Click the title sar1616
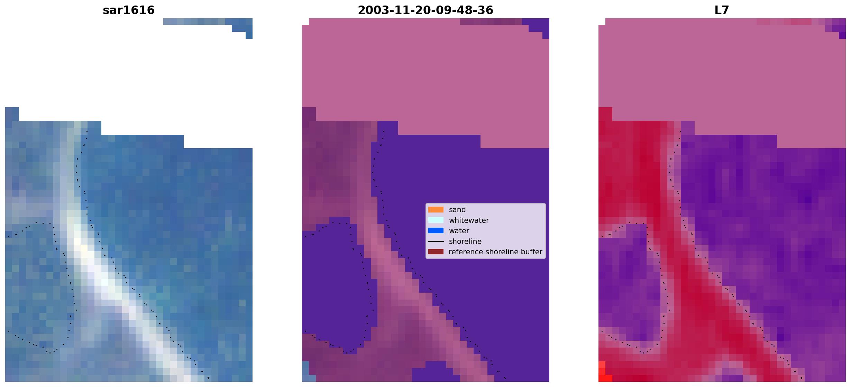click(x=129, y=10)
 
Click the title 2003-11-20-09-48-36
click(x=425, y=10)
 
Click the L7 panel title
click(x=722, y=10)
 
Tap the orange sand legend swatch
click(x=436, y=210)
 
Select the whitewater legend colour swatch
click(x=436, y=220)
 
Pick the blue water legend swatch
click(x=436, y=230)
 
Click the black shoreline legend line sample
click(x=436, y=241)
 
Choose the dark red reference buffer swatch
click(x=436, y=252)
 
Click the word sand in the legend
click(x=457, y=210)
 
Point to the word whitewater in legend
click(x=469, y=220)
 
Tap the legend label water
click(x=459, y=231)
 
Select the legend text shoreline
click(x=465, y=242)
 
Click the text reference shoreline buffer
click(x=495, y=252)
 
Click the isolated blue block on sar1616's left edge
click(x=12, y=114)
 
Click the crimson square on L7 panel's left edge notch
click(x=605, y=114)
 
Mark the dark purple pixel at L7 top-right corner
click(x=842, y=35)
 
